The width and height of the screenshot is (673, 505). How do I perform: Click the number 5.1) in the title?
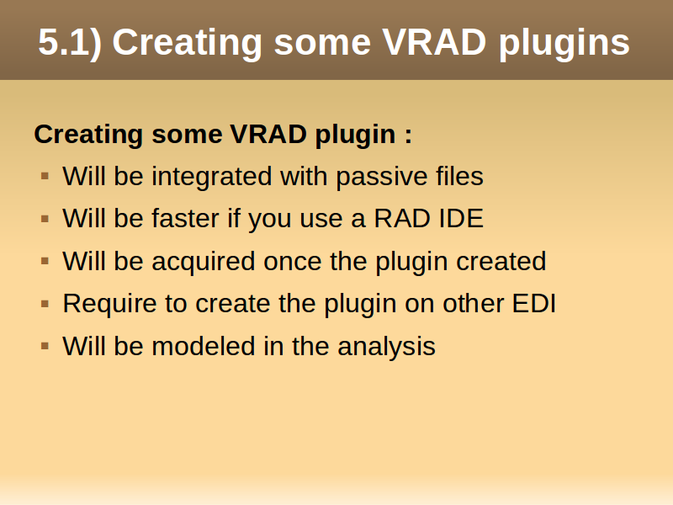coord(70,43)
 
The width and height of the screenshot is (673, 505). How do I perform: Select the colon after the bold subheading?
coord(408,136)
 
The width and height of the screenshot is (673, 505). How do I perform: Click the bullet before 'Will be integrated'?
coord(45,176)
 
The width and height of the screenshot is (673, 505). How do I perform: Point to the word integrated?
coord(212,176)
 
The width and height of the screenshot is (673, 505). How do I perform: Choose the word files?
coord(459,176)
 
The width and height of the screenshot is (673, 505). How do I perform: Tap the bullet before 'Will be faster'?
coord(45,219)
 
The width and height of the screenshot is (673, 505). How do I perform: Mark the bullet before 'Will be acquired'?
coord(45,261)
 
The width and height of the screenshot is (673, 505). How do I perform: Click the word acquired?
coord(204,262)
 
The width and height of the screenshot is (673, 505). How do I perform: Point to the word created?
coord(501,261)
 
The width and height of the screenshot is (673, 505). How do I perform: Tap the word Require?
coord(109,305)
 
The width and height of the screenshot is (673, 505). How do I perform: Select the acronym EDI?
coord(534,303)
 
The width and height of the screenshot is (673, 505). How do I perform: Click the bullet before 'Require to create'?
coord(45,304)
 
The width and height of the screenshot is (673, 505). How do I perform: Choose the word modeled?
coord(204,346)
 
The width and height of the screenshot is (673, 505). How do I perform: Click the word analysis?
coord(386,347)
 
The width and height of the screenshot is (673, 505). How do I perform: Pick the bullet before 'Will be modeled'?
coord(45,346)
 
